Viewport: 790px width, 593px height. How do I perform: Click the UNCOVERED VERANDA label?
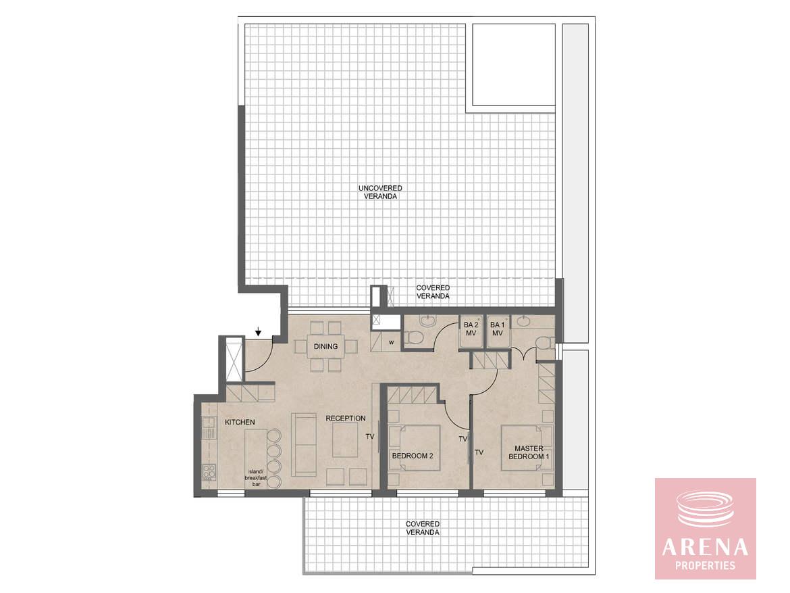pyautogui.click(x=380, y=192)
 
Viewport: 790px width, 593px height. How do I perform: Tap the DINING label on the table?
pyautogui.click(x=325, y=347)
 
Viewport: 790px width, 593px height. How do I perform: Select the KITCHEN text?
pyautogui.click(x=240, y=422)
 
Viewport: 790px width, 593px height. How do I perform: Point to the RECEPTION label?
pyautogui.click(x=346, y=419)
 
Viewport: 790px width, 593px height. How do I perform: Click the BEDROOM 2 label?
pyautogui.click(x=413, y=456)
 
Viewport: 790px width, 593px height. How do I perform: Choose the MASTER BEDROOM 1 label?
pyautogui.click(x=529, y=452)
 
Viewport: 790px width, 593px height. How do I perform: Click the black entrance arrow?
pyautogui.click(x=259, y=331)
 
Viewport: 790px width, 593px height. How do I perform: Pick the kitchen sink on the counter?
pyautogui.click(x=208, y=427)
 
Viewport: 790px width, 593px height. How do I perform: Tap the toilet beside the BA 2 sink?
pyautogui.click(x=414, y=337)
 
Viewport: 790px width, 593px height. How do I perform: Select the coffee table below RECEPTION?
pyautogui.click(x=346, y=439)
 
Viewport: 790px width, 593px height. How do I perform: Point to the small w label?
pyautogui.click(x=391, y=343)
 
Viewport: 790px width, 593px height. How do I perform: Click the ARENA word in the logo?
pyautogui.click(x=705, y=547)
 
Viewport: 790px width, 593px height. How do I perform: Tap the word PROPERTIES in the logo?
pyautogui.click(x=705, y=566)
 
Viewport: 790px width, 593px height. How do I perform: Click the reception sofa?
pyautogui.click(x=303, y=444)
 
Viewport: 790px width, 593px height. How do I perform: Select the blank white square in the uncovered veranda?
pyautogui.click(x=513, y=65)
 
